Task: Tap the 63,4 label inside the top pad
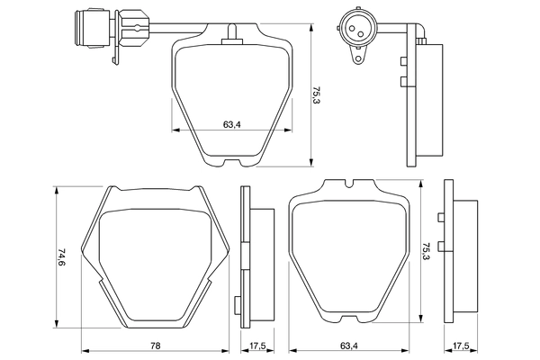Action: point(230,124)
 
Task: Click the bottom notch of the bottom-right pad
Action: point(350,322)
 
